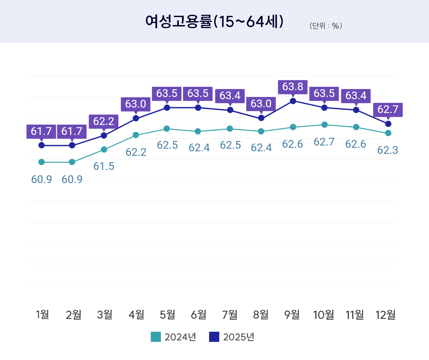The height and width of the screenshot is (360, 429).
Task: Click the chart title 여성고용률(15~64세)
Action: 214,22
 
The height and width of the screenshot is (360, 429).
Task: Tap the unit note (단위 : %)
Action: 326,26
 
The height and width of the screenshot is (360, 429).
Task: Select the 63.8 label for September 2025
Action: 293,87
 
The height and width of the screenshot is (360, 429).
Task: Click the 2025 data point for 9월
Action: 293,101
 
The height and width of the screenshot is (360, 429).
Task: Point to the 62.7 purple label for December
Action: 388,110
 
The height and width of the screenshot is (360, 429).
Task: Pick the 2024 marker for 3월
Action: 104,150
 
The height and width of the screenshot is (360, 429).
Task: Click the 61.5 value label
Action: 104,166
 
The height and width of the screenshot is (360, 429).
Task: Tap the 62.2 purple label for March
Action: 103,121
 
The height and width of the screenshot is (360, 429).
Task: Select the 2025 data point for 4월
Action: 136,119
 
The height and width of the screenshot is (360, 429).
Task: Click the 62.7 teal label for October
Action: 324,142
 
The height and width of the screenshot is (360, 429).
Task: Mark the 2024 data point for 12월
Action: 388,133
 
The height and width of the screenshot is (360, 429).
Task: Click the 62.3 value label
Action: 388,150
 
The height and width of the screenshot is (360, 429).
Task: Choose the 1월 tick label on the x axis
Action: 42,315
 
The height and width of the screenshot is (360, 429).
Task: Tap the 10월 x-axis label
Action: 323,315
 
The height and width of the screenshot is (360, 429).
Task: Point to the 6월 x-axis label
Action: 198,315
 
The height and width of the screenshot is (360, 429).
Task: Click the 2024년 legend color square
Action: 156,337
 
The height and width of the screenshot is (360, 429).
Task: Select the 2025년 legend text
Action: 239,337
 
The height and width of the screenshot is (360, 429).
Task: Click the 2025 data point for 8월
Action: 261,118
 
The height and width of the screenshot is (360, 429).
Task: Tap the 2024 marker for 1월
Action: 41,162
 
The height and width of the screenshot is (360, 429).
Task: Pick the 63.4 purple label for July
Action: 230,96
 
